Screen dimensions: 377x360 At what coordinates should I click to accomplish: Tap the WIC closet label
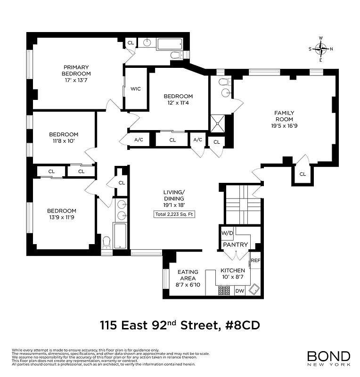coord(136,89)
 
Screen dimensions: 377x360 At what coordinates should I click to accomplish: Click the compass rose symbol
coord(321,49)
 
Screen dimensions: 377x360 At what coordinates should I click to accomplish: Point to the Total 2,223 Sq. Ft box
coord(174,214)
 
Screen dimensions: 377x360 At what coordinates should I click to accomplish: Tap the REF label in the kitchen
coord(255,260)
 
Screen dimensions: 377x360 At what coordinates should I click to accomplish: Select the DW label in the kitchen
coord(239,291)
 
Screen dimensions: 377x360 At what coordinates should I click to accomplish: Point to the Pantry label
coord(236,245)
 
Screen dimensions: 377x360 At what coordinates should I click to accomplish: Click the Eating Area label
coord(188,275)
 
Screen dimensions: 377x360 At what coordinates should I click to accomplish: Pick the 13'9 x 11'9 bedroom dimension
coord(61,217)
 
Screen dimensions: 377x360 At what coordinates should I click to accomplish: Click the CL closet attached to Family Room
coord(302,174)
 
